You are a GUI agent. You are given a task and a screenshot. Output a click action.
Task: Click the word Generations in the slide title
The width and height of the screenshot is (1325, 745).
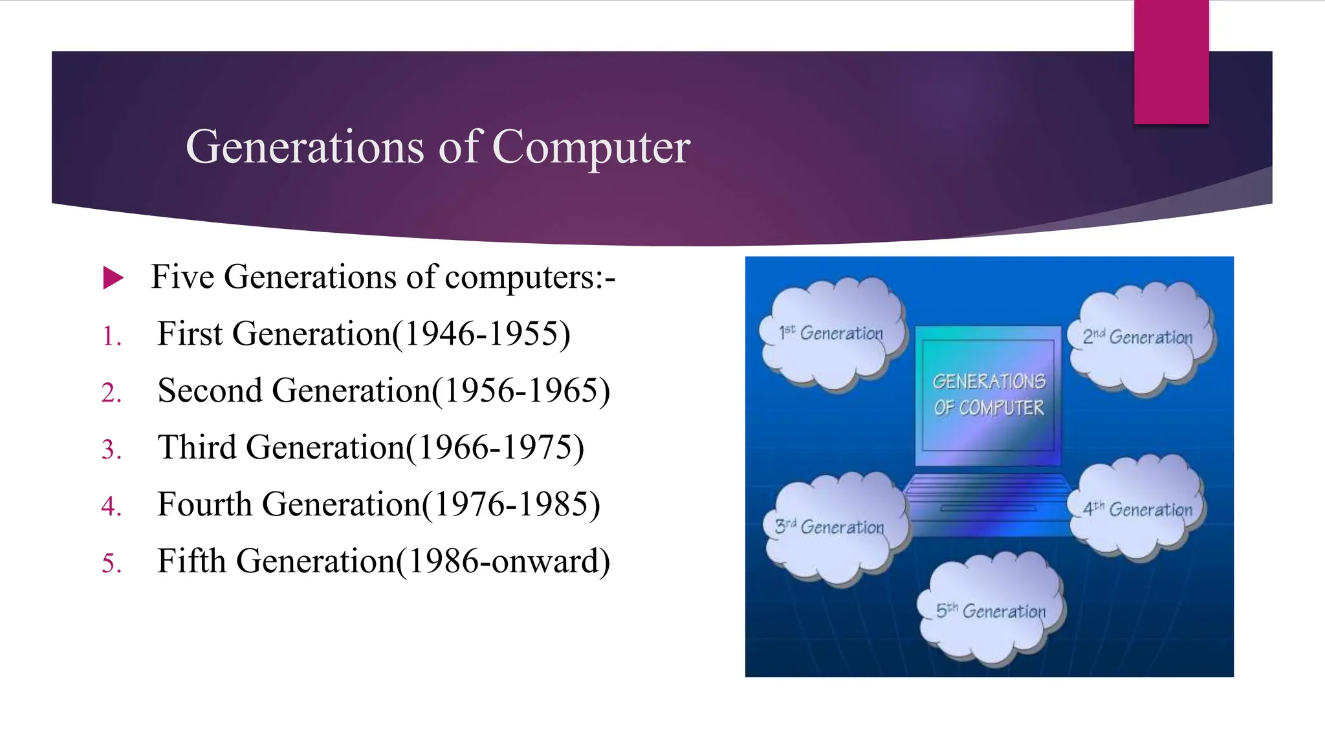[x=305, y=147]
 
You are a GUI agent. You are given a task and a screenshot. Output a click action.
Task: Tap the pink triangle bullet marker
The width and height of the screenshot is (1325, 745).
[x=113, y=278]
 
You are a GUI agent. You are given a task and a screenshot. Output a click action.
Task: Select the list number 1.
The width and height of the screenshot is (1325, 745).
[x=112, y=336]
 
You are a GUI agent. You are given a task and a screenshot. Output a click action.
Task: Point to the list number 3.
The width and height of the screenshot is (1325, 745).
[x=111, y=449]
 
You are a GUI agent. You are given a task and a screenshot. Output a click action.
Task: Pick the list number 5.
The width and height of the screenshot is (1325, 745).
[x=111, y=563]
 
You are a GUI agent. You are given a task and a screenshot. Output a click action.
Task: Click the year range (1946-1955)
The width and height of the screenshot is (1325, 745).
[x=481, y=334]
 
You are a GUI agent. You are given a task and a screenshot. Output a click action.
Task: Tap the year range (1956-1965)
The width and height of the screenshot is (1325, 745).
[x=521, y=391]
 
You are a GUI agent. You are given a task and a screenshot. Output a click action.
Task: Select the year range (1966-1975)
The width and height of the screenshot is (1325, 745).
[x=495, y=448]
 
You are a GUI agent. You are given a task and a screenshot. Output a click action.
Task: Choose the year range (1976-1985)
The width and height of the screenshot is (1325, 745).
[x=511, y=504]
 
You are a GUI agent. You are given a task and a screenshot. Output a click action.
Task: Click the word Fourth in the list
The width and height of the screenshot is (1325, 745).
[x=204, y=504]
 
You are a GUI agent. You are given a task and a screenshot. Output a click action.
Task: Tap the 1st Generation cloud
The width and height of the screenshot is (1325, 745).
[x=831, y=334]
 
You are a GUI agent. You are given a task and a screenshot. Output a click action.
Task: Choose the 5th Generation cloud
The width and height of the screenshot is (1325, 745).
[x=991, y=611]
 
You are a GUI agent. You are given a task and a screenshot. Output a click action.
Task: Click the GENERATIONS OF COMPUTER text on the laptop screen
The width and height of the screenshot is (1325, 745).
[x=989, y=394]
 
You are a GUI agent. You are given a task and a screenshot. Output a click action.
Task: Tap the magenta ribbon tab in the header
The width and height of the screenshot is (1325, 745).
[x=1171, y=61]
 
